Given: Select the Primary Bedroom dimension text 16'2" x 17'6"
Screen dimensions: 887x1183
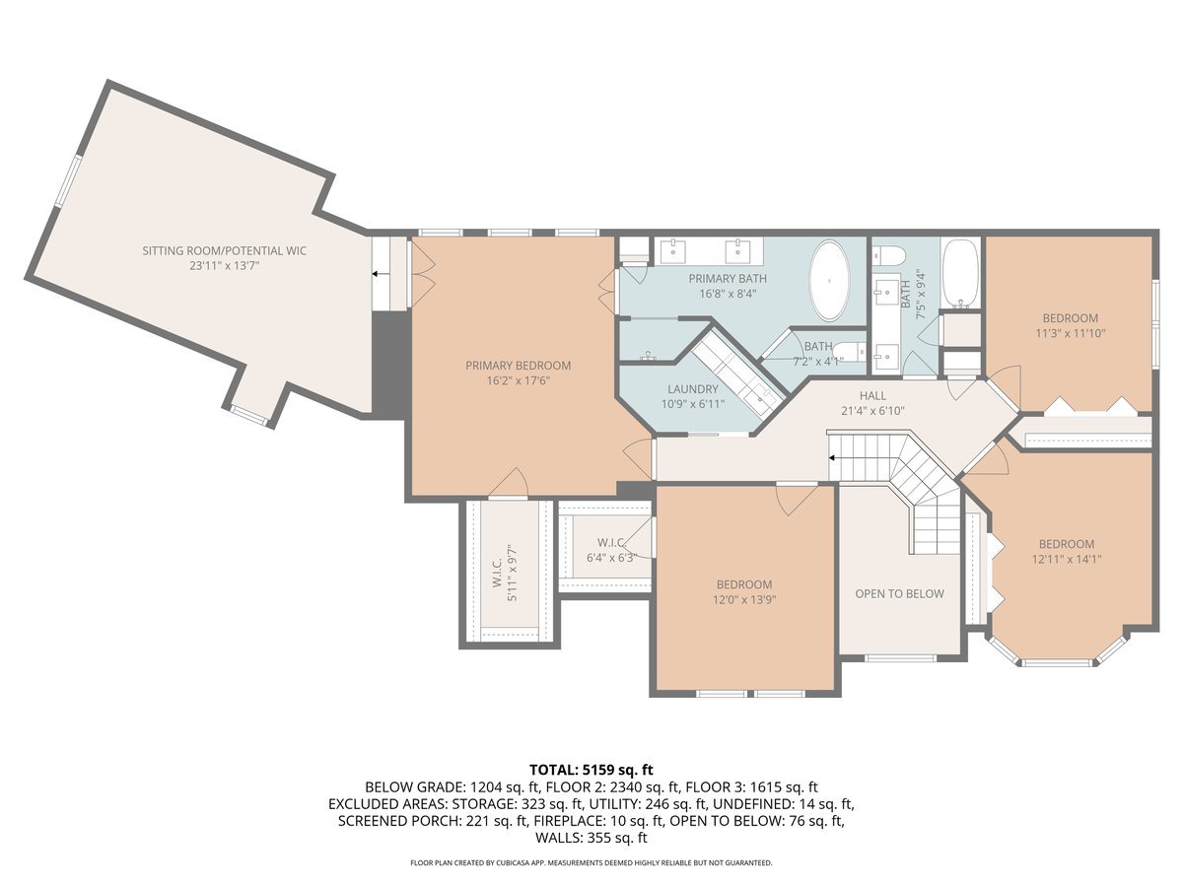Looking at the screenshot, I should pos(518,381).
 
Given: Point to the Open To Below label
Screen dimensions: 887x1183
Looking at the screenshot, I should pos(899,593).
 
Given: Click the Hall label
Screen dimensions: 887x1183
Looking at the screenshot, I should pos(872,395).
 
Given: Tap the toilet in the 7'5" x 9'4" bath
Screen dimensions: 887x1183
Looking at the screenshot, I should pos(890,256).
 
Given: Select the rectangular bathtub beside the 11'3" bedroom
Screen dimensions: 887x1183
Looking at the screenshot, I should pos(960,272).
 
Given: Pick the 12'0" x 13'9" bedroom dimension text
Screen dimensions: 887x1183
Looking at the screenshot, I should pos(744,599).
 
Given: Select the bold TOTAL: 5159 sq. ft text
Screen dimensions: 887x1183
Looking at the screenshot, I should pos(591,769).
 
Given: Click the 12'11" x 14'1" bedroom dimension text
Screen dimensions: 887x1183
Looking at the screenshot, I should pos(1066,559).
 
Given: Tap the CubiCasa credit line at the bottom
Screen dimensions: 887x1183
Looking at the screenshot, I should pos(591,862).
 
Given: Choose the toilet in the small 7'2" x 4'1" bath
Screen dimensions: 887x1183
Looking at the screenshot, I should pos(856,350).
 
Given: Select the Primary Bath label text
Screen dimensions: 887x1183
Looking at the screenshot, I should pos(727,279).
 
